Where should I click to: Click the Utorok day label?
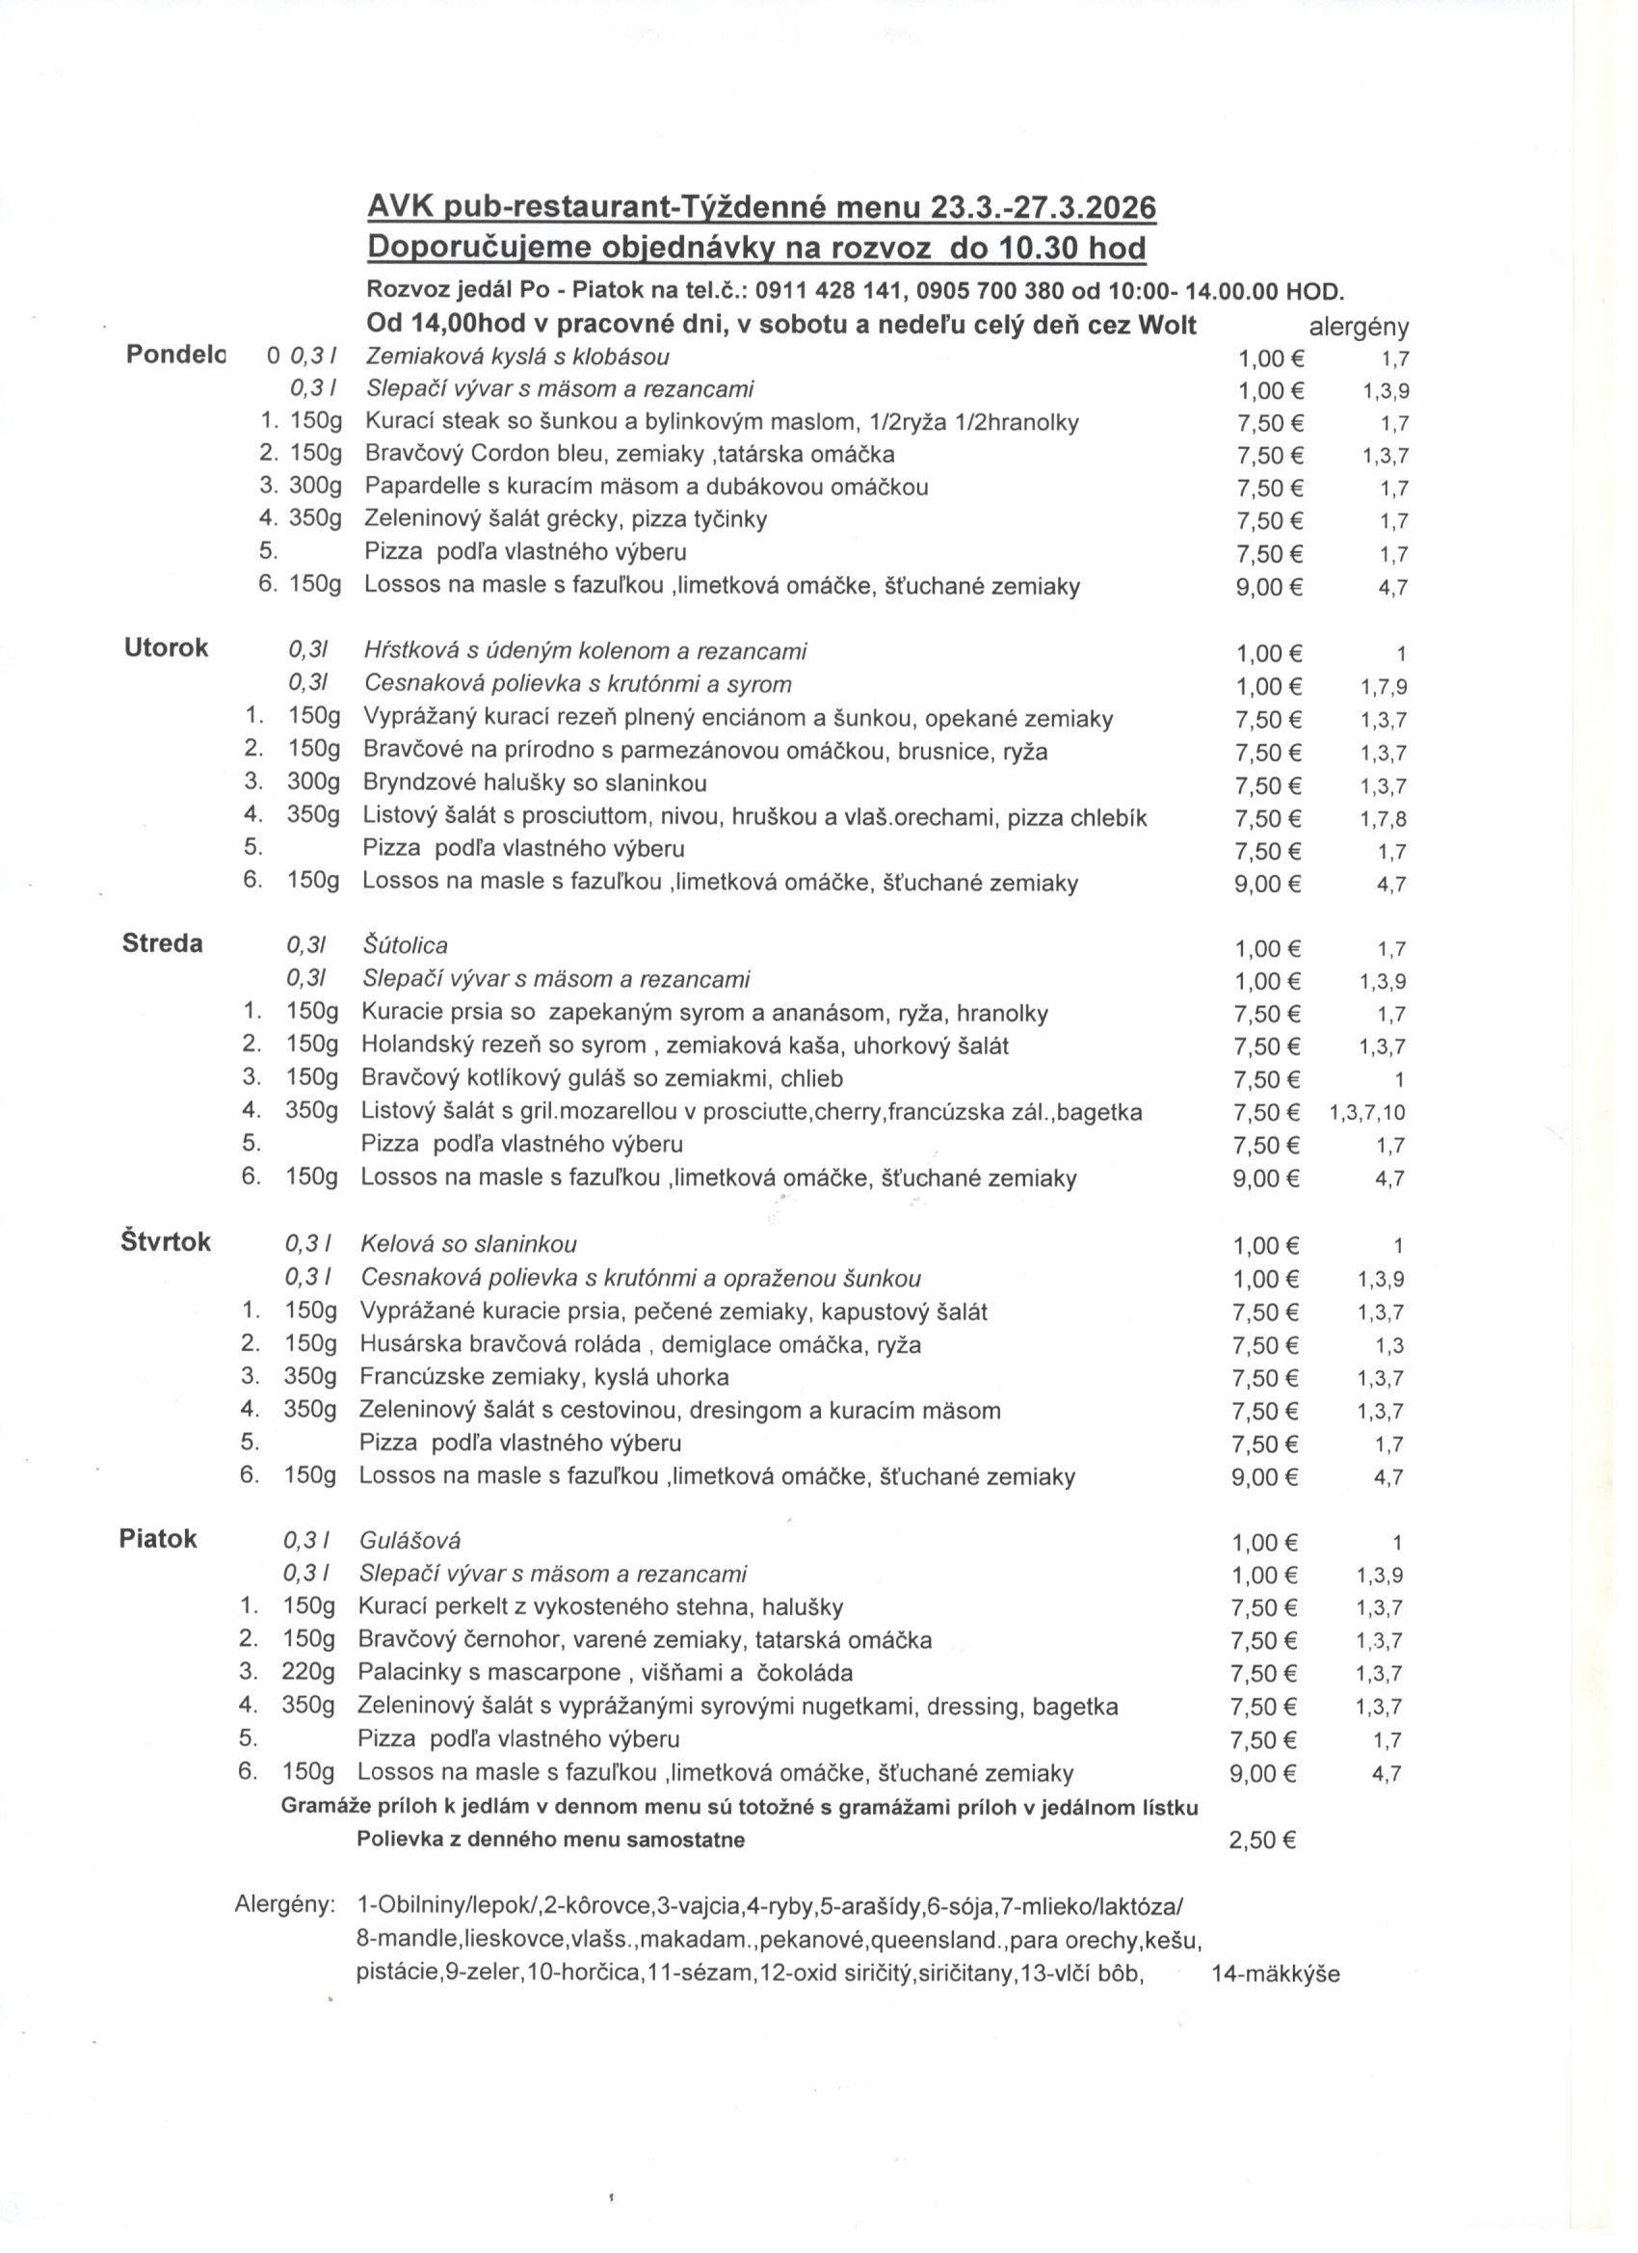pyautogui.click(x=166, y=649)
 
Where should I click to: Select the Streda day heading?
pyautogui.click(x=162, y=943)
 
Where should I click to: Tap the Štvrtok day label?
pyautogui.click(x=165, y=1242)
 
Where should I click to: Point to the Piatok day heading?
pyautogui.click(x=158, y=1539)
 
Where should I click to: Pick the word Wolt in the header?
pyautogui.click(x=1161, y=325)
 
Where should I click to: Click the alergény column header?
pyautogui.click(x=1359, y=327)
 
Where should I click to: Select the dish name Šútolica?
pyautogui.click(x=406, y=945)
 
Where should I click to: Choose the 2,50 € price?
pyautogui.click(x=1261, y=1840)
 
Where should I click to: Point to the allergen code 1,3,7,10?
pyautogui.click(x=1367, y=1113)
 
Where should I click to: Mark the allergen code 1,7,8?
pyautogui.click(x=1383, y=819)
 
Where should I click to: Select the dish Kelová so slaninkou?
pyautogui.click(x=468, y=1244)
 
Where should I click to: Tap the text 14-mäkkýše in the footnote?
pyautogui.click(x=1276, y=1974)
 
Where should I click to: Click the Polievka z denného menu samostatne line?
pyautogui.click(x=550, y=1840)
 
